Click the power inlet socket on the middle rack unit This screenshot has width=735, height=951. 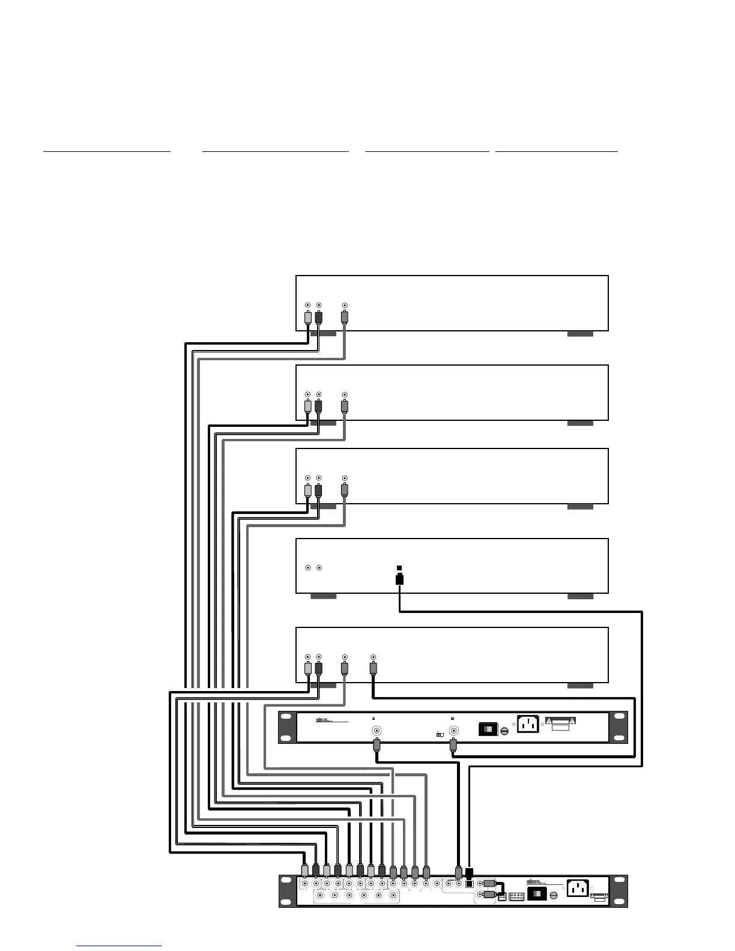pyautogui.click(x=528, y=724)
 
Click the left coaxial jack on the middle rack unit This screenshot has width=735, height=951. pyautogui.click(x=377, y=731)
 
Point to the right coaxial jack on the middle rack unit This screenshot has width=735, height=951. pyautogui.click(x=454, y=731)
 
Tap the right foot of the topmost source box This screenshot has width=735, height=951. pyautogui.click(x=580, y=334)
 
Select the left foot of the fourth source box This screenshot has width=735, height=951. pyautogui.click(x=323, y=596)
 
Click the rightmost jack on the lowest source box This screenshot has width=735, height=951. pyautogui.click(x=373, y=657)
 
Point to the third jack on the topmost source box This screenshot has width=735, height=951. pyautogui.click(x=344, y=306)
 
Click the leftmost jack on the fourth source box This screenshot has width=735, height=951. pyautogui.click(x=308, y=567)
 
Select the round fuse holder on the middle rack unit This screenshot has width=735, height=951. pyautogui.click(x=505, y=730)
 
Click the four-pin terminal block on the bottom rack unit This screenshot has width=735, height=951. pyautogui.click(x=516, y=896)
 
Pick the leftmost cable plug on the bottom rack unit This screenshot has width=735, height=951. pyautogui.click(x=305, y=870)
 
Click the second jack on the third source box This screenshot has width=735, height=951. pyautogui.click(x=319, y=478)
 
